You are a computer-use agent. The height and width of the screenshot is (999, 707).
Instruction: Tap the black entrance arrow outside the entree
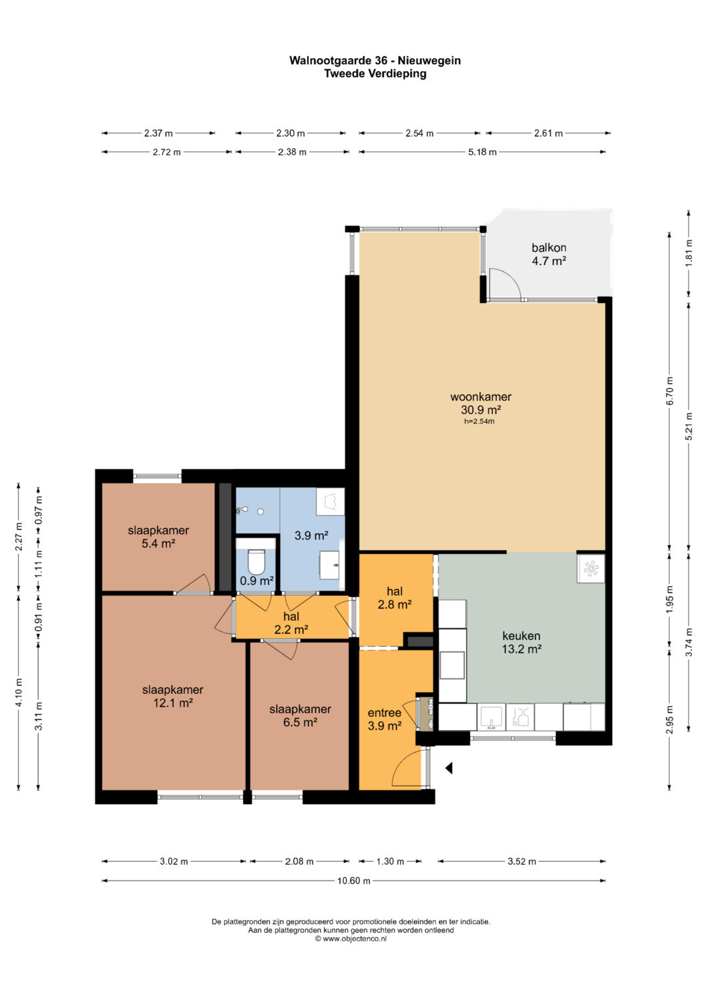449,768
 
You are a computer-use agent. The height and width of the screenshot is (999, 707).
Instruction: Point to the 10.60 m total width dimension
353,881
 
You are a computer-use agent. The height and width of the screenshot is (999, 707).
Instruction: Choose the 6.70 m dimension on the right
669,391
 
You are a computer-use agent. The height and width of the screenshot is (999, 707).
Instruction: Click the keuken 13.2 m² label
521,642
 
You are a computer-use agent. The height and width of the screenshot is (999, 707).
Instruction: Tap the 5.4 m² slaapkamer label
158,537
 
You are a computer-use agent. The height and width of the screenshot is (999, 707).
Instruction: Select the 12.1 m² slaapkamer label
173,696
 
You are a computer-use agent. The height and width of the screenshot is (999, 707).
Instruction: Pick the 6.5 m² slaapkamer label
300,715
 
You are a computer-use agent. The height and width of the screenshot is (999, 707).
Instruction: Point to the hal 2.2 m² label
291,623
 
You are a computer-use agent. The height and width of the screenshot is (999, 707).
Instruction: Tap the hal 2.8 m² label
395,598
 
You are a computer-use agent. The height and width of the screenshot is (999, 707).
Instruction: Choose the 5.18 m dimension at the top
482,152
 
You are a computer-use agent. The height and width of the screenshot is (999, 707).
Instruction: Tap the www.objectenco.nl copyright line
351,939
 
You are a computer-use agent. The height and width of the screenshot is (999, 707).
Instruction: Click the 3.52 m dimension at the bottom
521,861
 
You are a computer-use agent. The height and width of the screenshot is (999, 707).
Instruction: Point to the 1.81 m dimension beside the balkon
689,253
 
